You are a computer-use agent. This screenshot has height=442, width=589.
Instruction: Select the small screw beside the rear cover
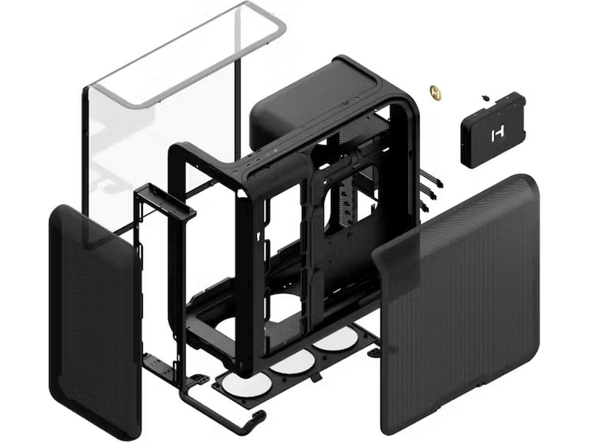point(484,97)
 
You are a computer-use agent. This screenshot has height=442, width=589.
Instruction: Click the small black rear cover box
point(493,129)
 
